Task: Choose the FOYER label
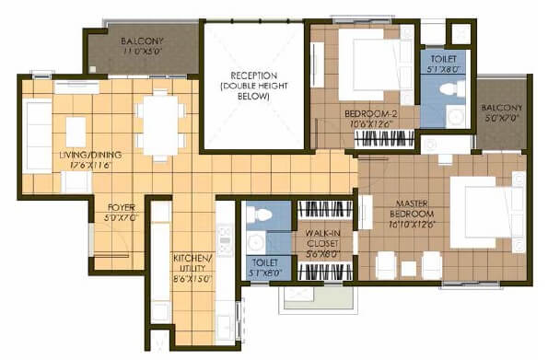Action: (x=122, y=208)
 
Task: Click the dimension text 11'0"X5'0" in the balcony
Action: (x=144, y=52)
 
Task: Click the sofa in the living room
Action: (x=38, y=135)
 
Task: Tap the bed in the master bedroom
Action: (x=486, y=213)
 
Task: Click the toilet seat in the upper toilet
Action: (x=450, y=89)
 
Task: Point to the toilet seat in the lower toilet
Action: (x=260, y=216)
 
